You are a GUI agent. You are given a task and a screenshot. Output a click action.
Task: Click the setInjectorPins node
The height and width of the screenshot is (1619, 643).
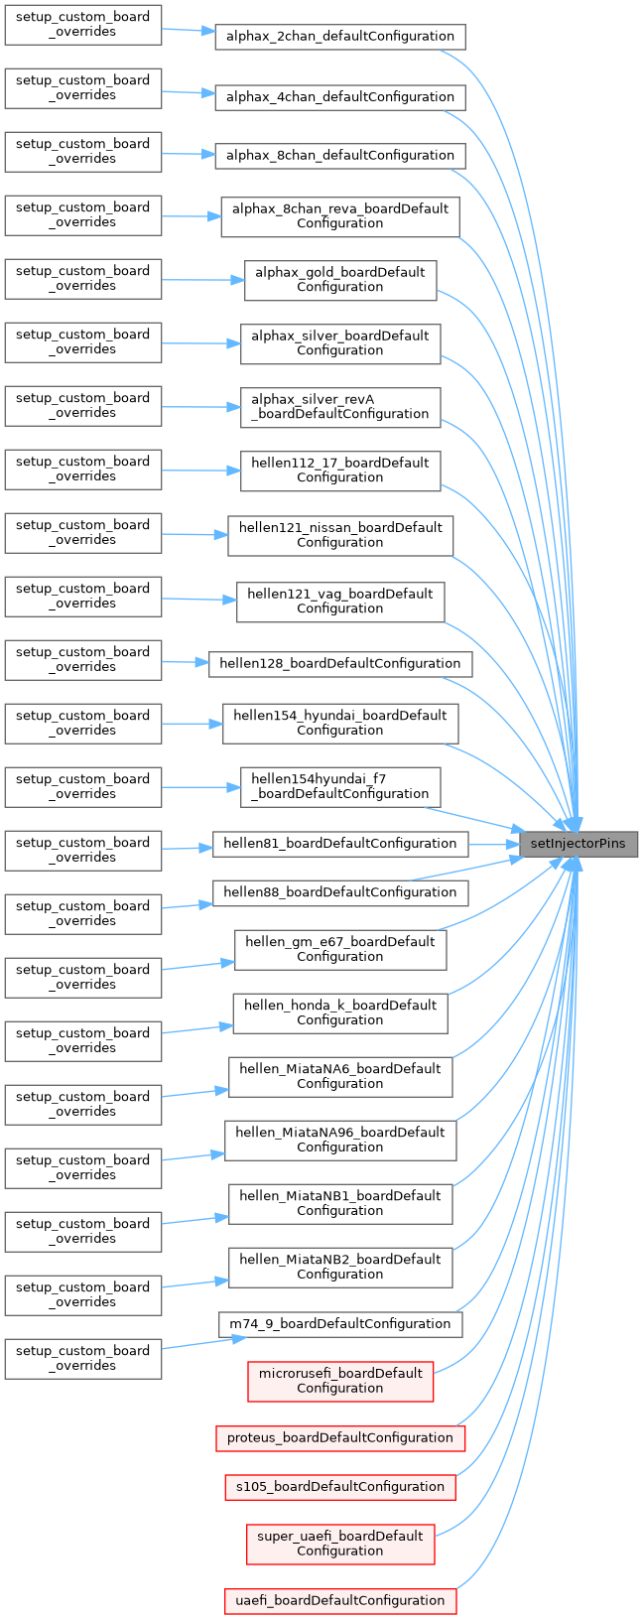click(579, 844)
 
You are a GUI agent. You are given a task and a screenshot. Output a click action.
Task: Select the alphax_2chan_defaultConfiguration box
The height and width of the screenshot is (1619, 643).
click(340, 37)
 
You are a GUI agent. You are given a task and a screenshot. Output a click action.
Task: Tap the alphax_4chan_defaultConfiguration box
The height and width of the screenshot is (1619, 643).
click(340, 97)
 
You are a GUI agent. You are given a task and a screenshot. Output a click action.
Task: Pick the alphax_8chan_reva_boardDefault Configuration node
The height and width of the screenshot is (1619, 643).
click(340, 216)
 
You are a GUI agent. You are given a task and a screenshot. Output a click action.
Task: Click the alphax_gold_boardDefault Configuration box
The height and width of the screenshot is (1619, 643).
click(340, 280)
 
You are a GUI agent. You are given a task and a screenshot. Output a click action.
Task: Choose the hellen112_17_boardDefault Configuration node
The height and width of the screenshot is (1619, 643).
click(340, 471)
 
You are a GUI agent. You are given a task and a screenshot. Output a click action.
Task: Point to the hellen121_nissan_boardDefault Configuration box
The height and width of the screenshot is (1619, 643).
click(340, 535)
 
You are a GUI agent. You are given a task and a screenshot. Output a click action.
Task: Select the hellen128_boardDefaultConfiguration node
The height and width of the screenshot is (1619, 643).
click(340, 664)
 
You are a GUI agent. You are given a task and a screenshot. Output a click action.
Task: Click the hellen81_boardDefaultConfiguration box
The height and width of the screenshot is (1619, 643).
click(340, 844)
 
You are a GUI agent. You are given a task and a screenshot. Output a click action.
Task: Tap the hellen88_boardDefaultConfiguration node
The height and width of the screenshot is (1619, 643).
click(340, 892)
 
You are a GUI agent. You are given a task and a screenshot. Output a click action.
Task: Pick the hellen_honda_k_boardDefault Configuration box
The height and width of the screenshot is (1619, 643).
click(340, 1012)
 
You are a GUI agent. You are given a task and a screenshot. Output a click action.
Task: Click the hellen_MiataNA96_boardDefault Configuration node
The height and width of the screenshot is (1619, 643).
click(340, 1140)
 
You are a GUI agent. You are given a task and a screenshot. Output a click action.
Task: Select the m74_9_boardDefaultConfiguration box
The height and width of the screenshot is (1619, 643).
click(340, 1324)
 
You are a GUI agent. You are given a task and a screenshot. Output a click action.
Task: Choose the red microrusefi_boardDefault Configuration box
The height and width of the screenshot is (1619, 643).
click(340, 1381)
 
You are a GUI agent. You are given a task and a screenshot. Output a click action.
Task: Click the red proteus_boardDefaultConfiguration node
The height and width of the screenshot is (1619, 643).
click(340, 1438)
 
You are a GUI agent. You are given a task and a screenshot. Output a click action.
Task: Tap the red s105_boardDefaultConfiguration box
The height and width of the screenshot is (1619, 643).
click(340, 1487)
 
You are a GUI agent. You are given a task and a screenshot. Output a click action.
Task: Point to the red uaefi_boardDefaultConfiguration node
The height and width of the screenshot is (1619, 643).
click(340, 1601)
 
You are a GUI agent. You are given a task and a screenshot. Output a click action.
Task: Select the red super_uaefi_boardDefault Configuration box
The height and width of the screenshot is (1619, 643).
click(340, 1544)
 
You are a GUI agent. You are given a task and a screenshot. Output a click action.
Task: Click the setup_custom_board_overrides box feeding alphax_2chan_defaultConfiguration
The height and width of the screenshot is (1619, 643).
click(83, 25)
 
